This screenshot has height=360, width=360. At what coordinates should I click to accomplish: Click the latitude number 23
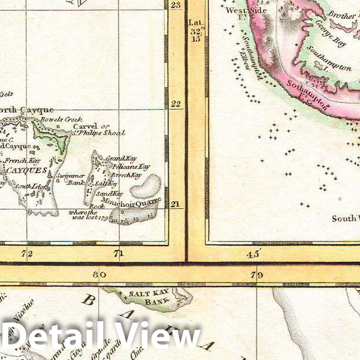click(x=176, y=5)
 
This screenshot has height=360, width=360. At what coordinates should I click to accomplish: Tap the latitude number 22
click(x=176, y=104)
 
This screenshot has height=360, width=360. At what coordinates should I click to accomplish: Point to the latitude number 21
click(x=176, y=205)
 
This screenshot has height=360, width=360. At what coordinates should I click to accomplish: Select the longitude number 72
click(x=26, y=254)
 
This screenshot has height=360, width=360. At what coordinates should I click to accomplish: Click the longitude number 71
click(x=119, y=254)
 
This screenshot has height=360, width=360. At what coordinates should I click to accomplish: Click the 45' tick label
click(x=254, y=254)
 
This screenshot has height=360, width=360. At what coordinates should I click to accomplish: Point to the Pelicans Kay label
click(x=124, y=166)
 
